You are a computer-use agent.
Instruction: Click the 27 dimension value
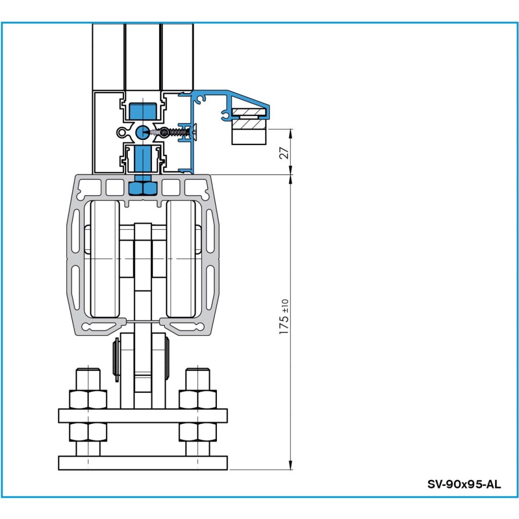tap(285, 152)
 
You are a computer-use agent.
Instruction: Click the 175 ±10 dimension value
tap(285, 317)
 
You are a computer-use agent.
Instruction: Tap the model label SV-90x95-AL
tap(464, 484)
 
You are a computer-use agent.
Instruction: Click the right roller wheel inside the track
tap(181, 259)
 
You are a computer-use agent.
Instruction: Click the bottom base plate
tap(143, 463)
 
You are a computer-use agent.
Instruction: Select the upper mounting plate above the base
tap(143, 416)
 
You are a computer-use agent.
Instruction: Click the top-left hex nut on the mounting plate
tap(88, 399)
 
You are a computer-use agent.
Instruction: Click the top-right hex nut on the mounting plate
tap(198, 399)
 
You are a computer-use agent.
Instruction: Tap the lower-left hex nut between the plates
tap(88, 432)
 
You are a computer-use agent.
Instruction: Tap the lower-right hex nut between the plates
tap(198, 432)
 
